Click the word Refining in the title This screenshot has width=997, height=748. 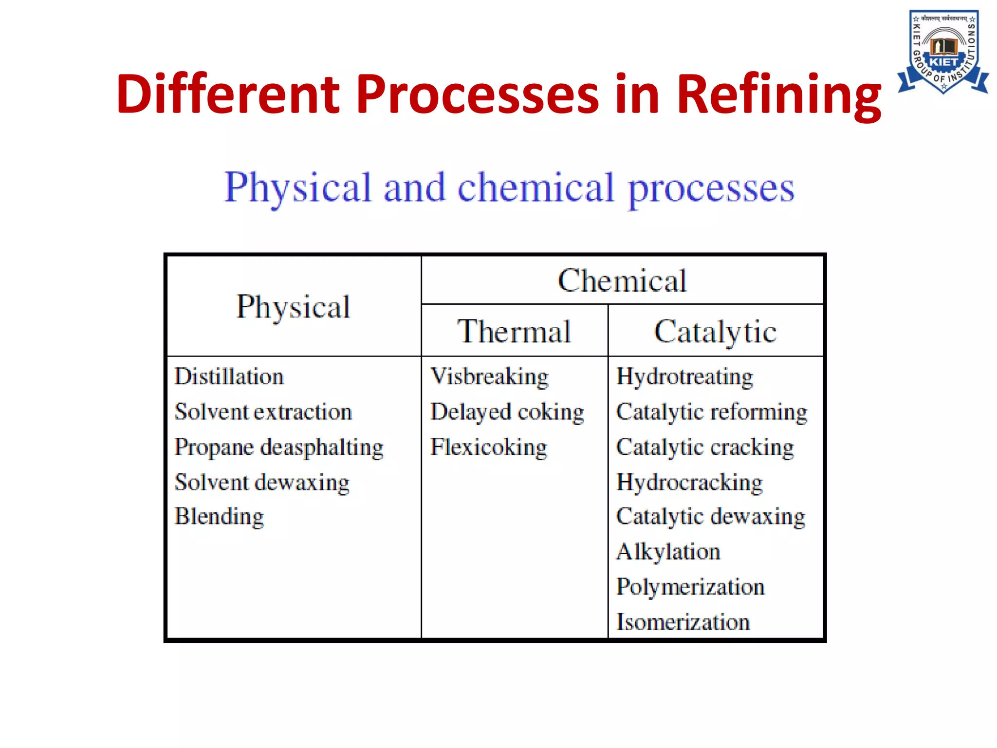778,94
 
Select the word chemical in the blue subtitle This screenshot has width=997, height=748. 535,188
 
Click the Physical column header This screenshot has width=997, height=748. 293,307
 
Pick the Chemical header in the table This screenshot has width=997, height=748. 622,281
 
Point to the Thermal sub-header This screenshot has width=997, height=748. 514,332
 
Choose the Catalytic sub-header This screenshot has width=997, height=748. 715,332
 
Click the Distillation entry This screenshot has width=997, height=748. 229,376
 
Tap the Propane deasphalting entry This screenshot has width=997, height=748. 279,447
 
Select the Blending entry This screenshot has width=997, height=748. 219,516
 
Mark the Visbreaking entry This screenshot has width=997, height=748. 489,376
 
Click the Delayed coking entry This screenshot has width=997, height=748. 507,412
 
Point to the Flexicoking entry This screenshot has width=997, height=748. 489,447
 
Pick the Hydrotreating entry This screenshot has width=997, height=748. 684,376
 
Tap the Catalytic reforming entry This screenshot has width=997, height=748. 712,412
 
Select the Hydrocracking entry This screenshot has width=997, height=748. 689,482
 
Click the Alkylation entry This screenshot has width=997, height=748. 668,552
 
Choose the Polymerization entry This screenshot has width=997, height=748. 690,587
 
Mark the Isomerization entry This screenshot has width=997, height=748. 683,622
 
